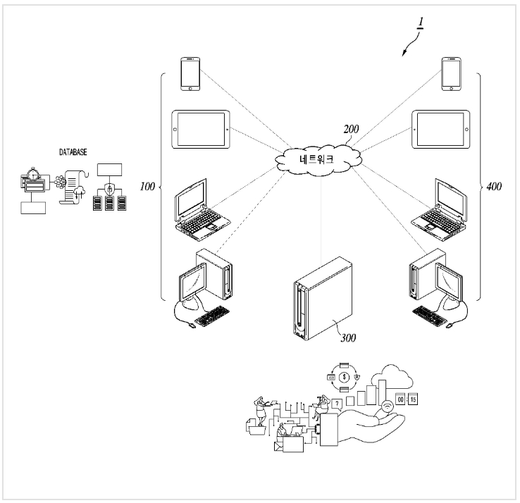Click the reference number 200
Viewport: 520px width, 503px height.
(x=351, y=129)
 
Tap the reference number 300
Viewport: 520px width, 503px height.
(x=348, y=338)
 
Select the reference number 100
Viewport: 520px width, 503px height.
(x=147, y=187)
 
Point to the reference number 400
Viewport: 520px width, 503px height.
(x=494, y=187)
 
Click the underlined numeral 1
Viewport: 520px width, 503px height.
(x=421, y=23)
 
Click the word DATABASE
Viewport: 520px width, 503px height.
(x=73, y=152)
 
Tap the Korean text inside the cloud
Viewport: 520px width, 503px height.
(x=316, y=159)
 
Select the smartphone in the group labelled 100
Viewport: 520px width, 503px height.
(x=190, y=74)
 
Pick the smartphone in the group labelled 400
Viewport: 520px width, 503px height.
(x=451, y=74)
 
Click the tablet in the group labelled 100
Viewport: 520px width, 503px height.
(x=201, y=130)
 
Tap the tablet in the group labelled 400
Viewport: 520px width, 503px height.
(x=441, y=130)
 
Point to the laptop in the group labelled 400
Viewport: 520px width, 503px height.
(x=439, y=209)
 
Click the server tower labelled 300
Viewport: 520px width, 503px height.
(x=323, y=299)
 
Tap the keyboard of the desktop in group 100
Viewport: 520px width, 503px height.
(x=212, y=316)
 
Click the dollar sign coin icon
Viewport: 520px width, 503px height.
(x=345, y=377)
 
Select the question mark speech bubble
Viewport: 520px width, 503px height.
(x=337, y=404)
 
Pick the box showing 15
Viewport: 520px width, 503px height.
(x=413, y=399)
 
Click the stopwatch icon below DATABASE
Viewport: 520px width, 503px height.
(x=33, y=174)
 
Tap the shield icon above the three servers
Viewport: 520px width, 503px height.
(x=109, y=189)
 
